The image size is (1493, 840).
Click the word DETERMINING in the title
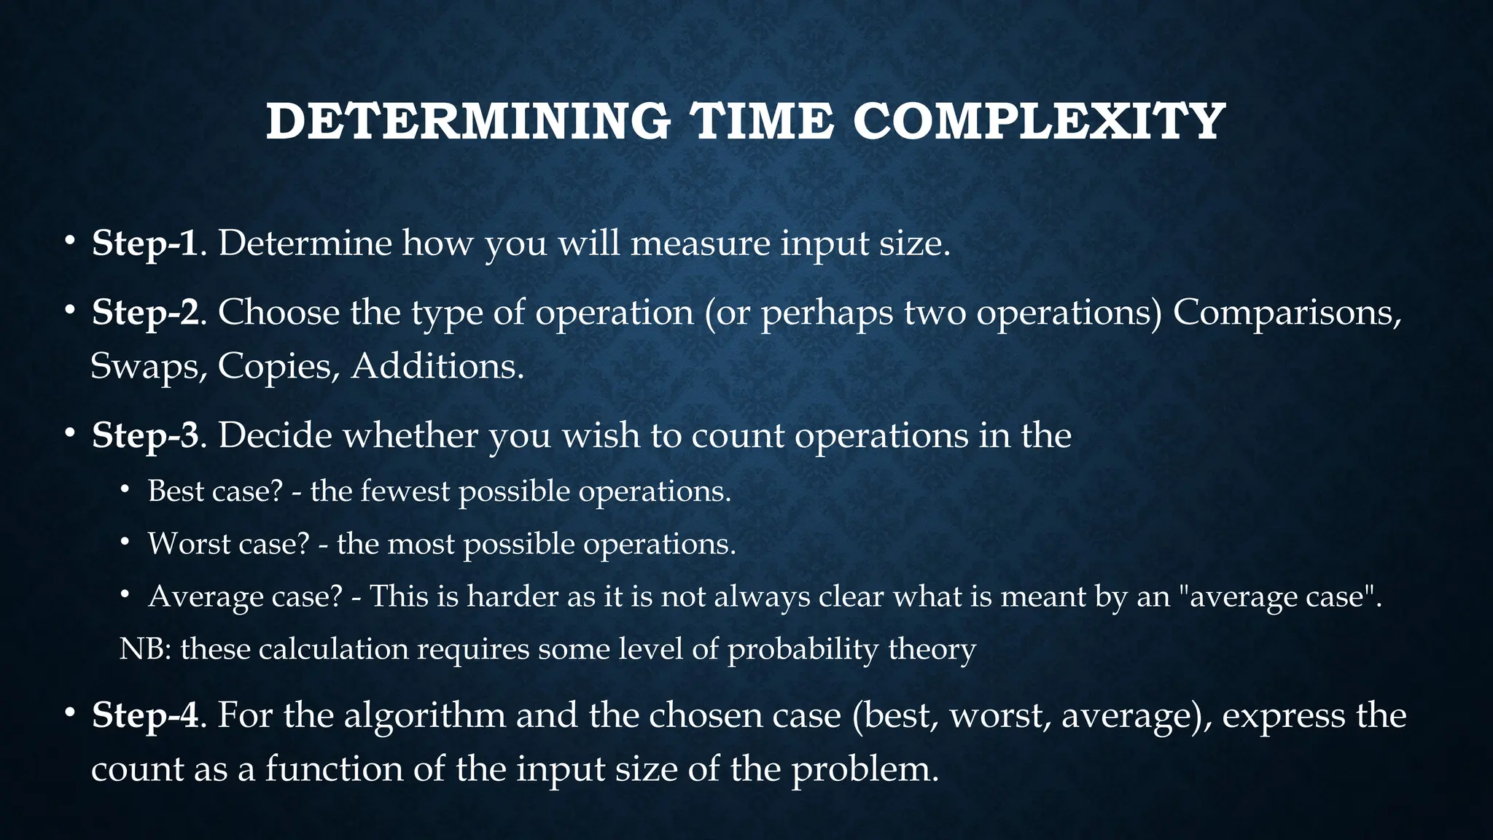[468, 122]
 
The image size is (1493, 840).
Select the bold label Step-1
[145, 243]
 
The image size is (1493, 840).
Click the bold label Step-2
[145, 313]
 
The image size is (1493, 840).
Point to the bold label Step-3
[145, 435]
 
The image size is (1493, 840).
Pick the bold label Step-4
[145, 715]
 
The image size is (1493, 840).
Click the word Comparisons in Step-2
[1287, 313]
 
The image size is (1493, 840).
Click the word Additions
[437, 366]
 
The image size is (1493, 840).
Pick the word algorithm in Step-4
[424, 715]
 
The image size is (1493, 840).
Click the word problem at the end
[865, 770]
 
